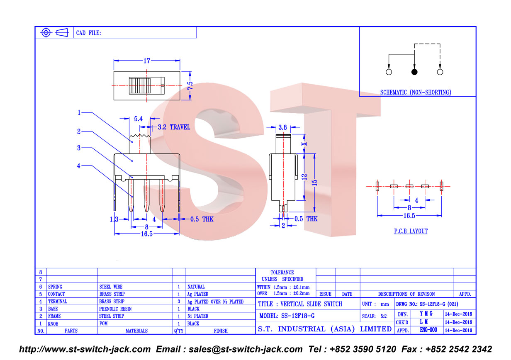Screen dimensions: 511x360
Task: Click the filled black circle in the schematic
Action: pos(414,72)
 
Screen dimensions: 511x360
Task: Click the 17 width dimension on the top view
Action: pos(147,61)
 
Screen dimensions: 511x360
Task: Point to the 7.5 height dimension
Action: pos(190,85)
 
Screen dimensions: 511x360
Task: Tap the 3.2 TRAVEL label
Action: pos(174,127)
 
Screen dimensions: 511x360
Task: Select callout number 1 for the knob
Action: pos(79,112)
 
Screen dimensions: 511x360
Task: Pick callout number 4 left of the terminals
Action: pos(79,165)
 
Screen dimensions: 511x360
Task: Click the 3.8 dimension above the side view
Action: pos(282,127)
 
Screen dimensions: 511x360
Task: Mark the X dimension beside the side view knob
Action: pos(304,144)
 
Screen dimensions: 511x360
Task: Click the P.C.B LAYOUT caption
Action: pos(411,231)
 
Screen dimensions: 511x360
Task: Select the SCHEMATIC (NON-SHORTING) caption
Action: pos(416,92)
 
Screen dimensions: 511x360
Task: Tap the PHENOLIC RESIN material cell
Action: pos(115,309)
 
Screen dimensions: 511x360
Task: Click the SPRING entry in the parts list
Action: pos(55,287)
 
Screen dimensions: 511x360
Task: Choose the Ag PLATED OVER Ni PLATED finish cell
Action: pos(215,302)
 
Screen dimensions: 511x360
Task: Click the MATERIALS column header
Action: pos(136,331)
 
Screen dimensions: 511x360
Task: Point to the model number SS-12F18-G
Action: pos(298,316)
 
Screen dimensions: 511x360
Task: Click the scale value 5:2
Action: pos(384,316)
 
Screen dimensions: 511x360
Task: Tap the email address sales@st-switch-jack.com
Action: pos(246,349)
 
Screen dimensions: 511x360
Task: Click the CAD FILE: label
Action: pos(88,33)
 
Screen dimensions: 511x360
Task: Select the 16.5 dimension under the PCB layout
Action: pos(409,216)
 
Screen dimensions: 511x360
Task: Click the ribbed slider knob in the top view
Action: pos(140,86)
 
